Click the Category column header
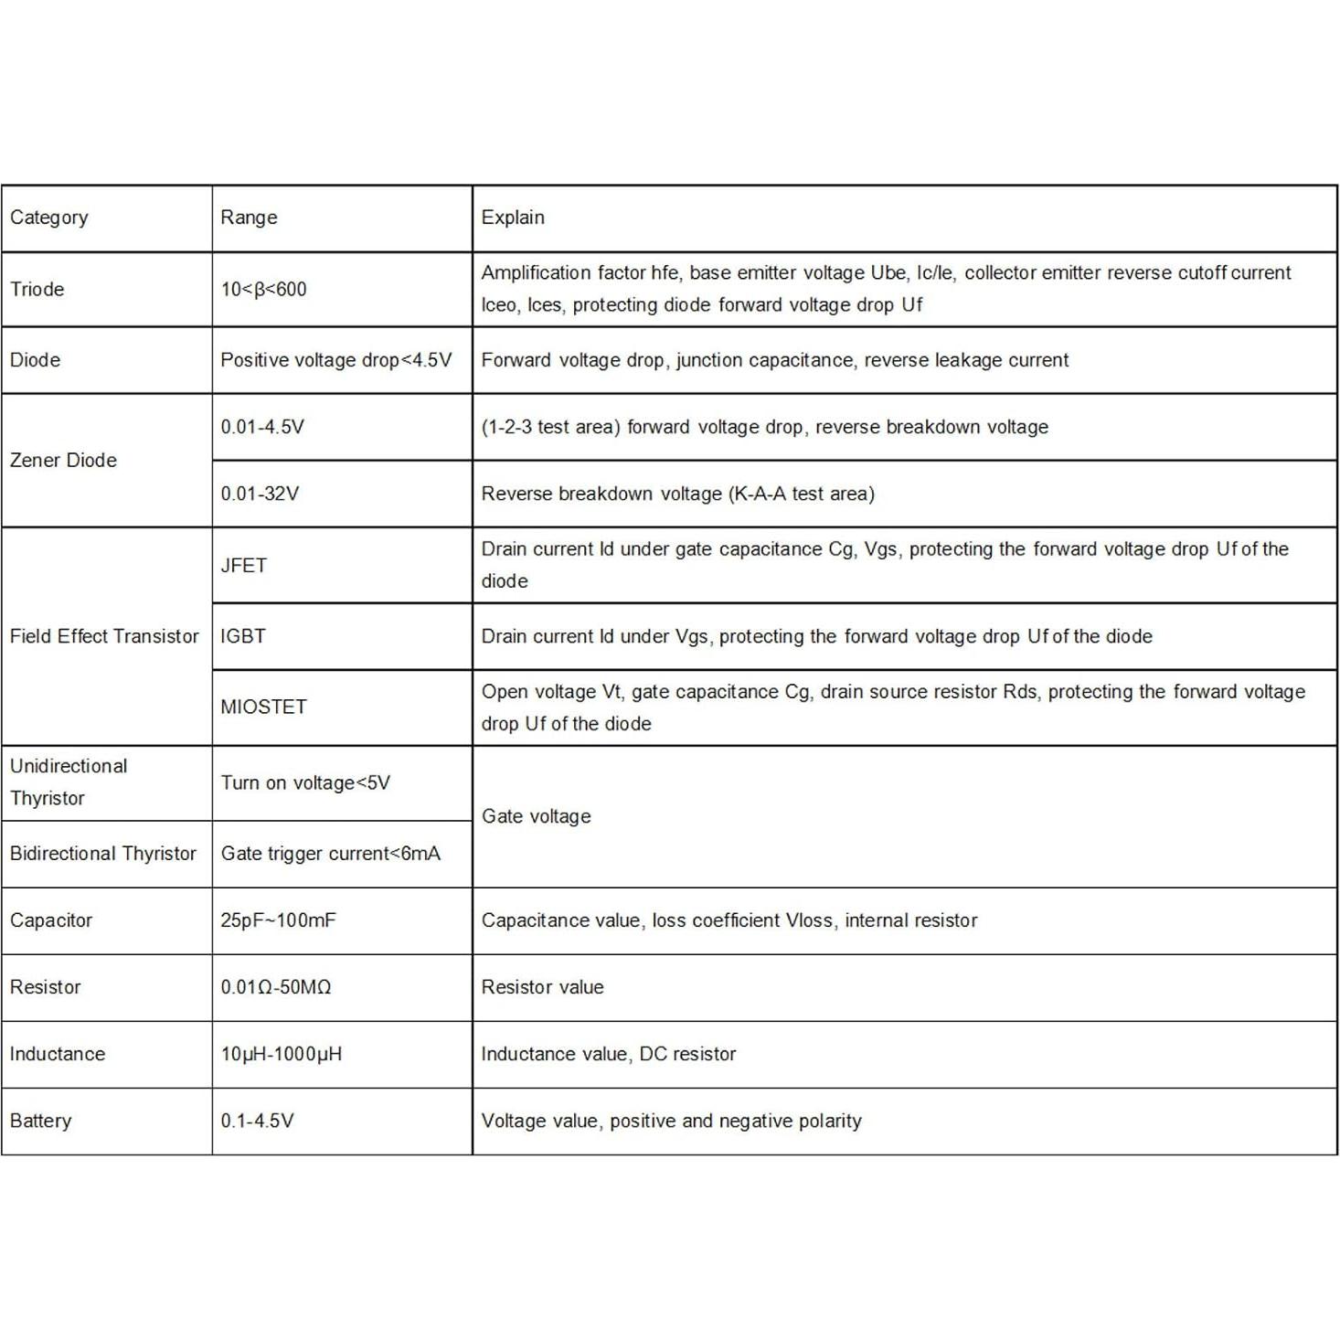pyautogui.click(x=49, y=218)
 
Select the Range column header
pyautogui.click(x=249, y=218)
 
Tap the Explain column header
pyautogui.click(x=513, y=218)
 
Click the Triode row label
pyautogui.click(x=37, y=289)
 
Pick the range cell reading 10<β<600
pyautogui.click(x=263, y=289)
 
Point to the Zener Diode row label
pyautogui.click(x=63, y=460)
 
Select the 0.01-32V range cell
pyautogui.click(x=260, y=494)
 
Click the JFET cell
pyautogui.click(x=244, y=565)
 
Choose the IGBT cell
pyautogui.click(x=243, y=636)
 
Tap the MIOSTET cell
pyautogui.click(x=263, y=707)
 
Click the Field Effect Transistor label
pyautogui.click(x=104, y=636)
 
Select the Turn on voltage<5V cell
pyautogui.click(x=305, y=782)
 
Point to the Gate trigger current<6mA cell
pyautogui.click(x=331, y=853)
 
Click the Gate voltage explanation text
pyautogui.click(x=537, y=816)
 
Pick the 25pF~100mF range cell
pyautogui.click(x=278, y=920)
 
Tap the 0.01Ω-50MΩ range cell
pyautogui.click(x=276, y=986)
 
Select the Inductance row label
pyautogui.click(x=58, y=1053)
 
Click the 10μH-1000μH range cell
pyautogui.click(x=282, y=1053)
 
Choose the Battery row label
pyautogui.click(x=40, y=1120)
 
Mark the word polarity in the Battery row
pyautogui.click(x=829, y=1121)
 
